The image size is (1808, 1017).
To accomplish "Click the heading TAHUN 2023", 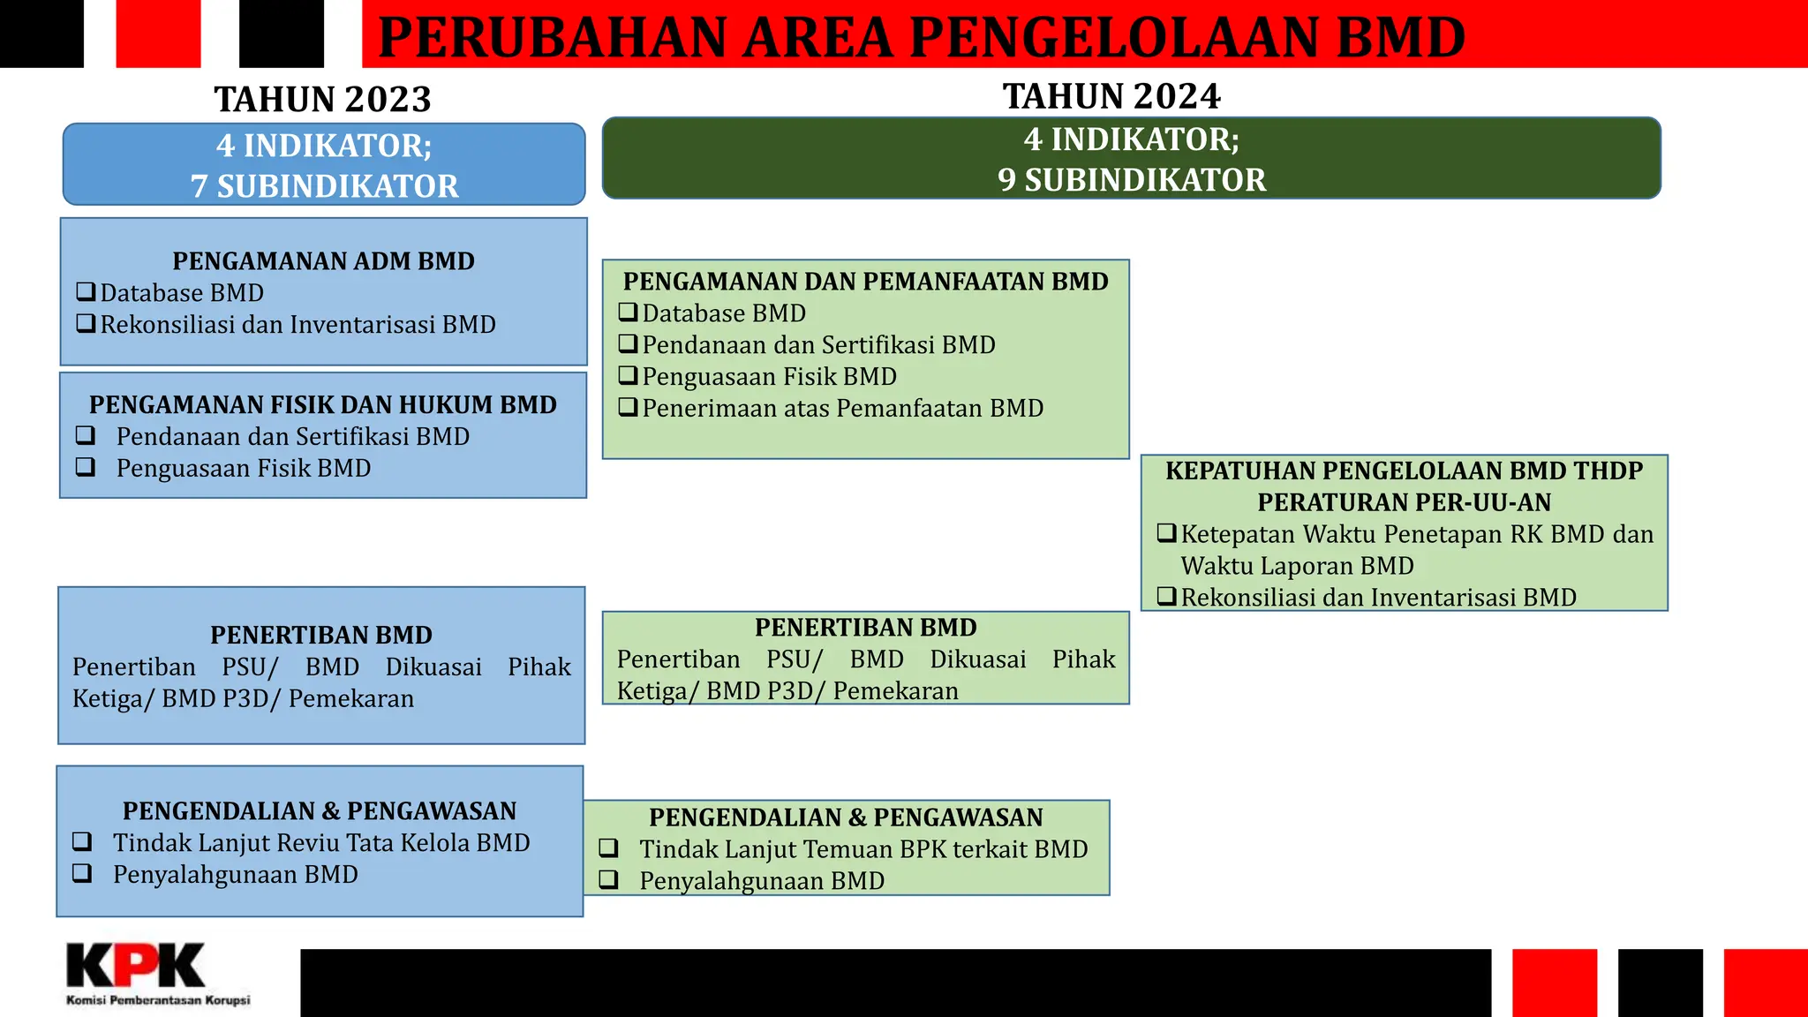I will (x=323, y=99).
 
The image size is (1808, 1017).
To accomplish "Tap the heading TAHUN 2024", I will (x=1111, y=96).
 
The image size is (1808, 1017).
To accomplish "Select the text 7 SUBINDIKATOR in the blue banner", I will (x=324, y=186).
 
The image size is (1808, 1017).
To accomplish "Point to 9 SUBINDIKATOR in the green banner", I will (x=1132, y=180).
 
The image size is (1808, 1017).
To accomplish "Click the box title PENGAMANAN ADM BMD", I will (x=323, y=261).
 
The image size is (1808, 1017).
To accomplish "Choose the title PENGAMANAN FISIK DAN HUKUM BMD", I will (x=323, y=405).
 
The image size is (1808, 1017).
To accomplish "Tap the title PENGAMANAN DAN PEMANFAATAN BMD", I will (x=865, y=282).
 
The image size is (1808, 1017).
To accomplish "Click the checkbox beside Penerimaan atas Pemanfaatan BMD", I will (x=628, y=408).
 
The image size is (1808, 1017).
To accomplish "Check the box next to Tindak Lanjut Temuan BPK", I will (x=608, y=848).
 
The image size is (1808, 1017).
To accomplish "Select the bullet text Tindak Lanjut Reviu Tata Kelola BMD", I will (x=321, y=843).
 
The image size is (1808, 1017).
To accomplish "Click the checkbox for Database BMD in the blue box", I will (x=86, y=292).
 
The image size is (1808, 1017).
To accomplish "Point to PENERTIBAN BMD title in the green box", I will (x=865, y=628).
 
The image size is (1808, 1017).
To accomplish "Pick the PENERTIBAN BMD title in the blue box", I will (x=321, y=636).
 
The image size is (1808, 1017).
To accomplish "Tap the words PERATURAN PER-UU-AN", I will (x=1404, y=502).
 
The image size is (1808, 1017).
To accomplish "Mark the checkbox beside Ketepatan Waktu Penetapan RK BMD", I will (x=1166, y=534).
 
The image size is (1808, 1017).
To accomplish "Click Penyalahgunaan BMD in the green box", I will (x=762, y=881).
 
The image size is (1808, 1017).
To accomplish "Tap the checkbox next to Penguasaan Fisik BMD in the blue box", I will (x=86, y=468).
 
